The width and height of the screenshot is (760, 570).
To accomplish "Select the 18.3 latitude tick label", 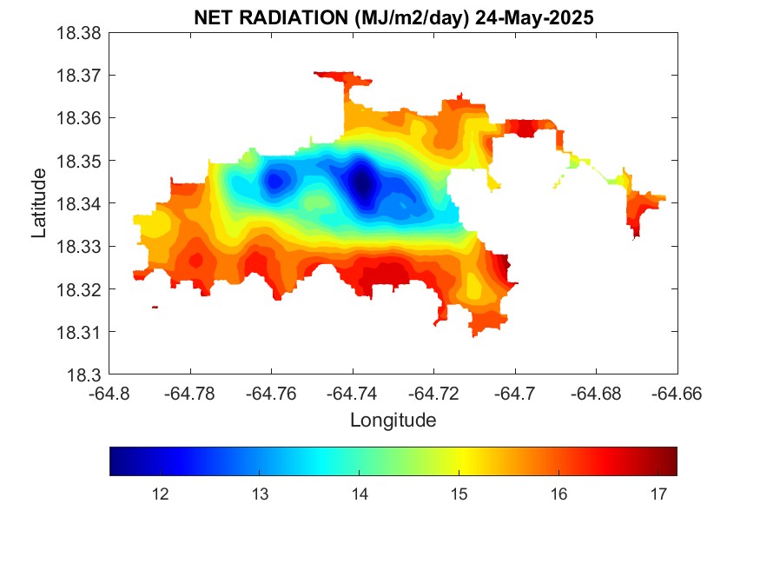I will (x=86, y=375).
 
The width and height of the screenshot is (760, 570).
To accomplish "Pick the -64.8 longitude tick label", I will (x=110, y=394).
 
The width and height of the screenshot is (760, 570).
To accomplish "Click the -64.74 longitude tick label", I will (x=354, y=394).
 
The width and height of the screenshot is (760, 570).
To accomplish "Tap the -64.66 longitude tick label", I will (x=677, y=394).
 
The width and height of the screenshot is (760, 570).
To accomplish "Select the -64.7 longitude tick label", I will (x=516, y=394).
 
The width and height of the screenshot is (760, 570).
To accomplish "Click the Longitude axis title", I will (x=393, y=421).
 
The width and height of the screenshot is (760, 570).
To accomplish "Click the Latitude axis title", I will (x=38, y=204).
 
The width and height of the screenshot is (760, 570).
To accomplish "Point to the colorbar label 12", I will (x=160, y=494).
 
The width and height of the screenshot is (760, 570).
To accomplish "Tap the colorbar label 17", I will (x=658, y=494).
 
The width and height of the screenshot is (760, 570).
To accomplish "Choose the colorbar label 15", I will (x=459, y=494).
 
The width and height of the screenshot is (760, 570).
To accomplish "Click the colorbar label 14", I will (x=359, y=494).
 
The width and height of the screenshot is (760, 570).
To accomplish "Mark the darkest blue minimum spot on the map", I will (x=363, y=182).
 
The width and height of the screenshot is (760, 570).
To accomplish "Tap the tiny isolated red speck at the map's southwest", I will (x=155, y=307).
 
